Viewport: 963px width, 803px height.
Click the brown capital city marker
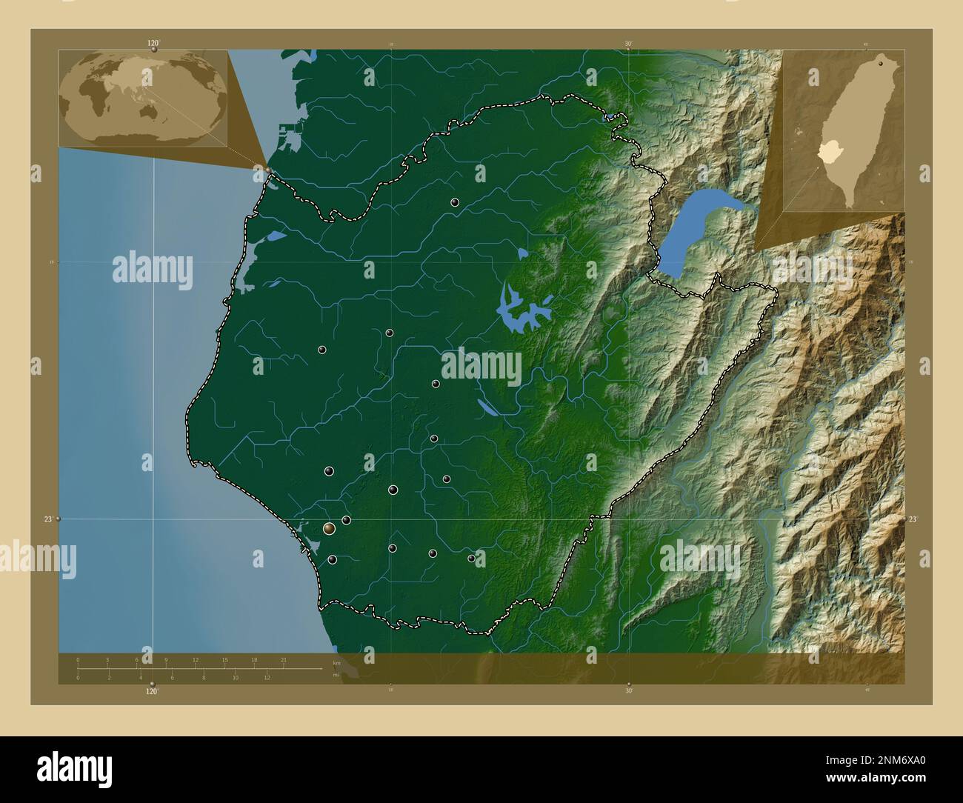[x=329, y=529]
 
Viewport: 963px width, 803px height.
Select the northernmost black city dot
[x=454, y=202]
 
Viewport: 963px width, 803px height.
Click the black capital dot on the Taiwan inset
[x=881, y=64]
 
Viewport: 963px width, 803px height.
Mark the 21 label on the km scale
[x=283, y=659]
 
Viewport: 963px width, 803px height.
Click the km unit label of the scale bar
[x=336, y=663]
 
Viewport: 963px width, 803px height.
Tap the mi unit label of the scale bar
[x=336, y=675]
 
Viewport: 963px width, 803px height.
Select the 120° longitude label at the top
[x=153, y=44]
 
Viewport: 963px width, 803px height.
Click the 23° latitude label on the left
[x=47, y=519]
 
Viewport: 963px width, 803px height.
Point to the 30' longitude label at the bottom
[x=628, y=690]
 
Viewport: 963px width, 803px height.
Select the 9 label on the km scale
[x=166, y=659]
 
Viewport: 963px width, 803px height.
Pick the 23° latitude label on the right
[x=913, y=519]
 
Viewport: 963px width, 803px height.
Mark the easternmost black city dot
[x=471, y=559]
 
